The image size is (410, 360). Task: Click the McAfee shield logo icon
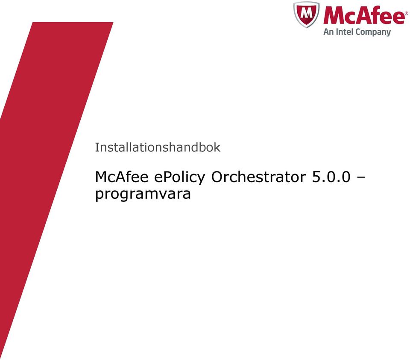[306, 14]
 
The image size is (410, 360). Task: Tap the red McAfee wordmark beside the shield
[364, 15]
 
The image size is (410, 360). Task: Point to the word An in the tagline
[328, 32]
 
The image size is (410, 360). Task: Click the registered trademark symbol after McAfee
[406, 13]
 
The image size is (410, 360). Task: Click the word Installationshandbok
[158, 147]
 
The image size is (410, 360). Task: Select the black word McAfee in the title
[122, 177]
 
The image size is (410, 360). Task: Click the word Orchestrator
[258, 177]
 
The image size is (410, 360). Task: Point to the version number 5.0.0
[331, 177]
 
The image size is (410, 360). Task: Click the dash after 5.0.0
[360, 178]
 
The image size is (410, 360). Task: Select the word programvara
[143, 195]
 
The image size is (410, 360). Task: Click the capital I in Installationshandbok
[96, 147]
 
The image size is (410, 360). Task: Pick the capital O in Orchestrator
[217, 177]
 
